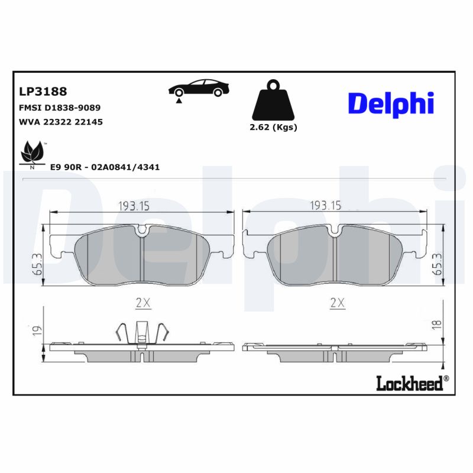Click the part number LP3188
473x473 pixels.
pyautogui.click(x=43, y=92)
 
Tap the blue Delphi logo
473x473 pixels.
pyautogui.click(x=391, y=103)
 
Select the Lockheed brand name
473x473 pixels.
pyautogui.click(x=409, y=383)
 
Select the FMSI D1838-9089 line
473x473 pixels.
pyautogui.click(x=60, y=108)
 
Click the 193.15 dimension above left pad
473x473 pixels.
pyautogui.click(x=135, y=205)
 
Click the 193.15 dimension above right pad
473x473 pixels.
pyautogui.click(x=326, y=205)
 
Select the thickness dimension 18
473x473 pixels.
pyautogui.click(x=437, y=324)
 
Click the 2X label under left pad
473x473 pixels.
pyautogui.click(x=143, y=303)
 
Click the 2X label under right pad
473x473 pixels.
pyautogui.click(x=336, y=303)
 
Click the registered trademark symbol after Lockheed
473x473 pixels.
pyautogui.click(x=446, y=378)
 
